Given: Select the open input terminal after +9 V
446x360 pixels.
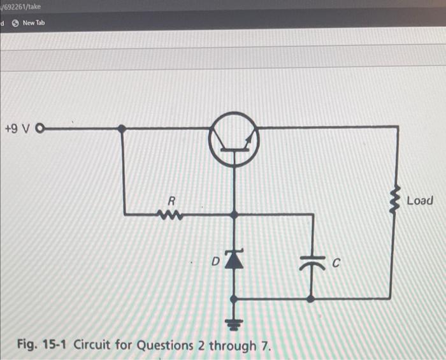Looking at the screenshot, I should coord(43,129).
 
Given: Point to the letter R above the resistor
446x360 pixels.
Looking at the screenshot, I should coord(171,200).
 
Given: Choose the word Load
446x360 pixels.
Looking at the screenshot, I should coord(420,201).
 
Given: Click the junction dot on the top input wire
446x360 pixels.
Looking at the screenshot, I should coord(122,129).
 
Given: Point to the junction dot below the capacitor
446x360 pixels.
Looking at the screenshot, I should coord(311,298).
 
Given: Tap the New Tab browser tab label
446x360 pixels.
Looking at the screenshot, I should coord(34,23).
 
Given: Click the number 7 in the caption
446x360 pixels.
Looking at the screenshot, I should coord(264,345).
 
